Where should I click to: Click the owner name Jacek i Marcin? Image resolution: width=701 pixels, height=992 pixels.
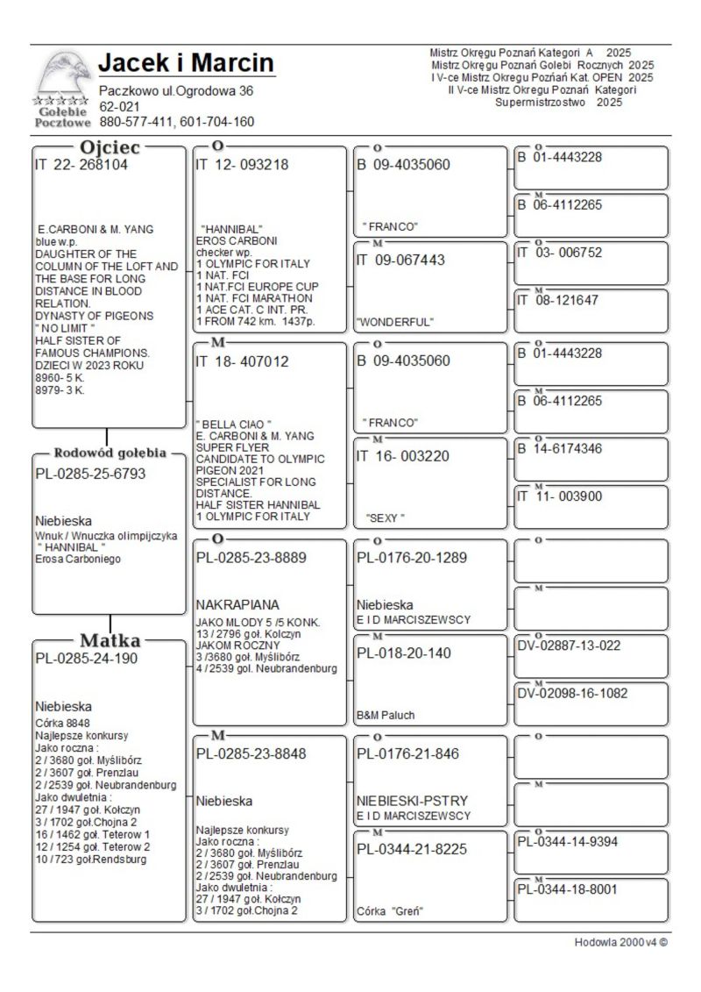coord(186,63)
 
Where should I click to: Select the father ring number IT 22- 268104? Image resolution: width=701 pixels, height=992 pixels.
coord(81,164)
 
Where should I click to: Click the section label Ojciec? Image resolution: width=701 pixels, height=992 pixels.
coord(110,147)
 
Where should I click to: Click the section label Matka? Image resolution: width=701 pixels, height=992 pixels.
coord(110,639)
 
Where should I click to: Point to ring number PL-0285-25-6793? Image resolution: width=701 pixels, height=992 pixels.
coord(90,474)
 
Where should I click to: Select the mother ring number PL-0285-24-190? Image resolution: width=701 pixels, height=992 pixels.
coord(86,659)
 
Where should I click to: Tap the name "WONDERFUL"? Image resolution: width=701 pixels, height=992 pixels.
coord(394,322)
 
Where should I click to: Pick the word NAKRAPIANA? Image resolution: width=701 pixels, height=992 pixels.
coord(237,604)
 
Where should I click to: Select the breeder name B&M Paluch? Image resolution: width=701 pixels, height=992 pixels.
coord(386,715)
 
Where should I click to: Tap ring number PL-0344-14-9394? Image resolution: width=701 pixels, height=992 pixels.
coord(568,842)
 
